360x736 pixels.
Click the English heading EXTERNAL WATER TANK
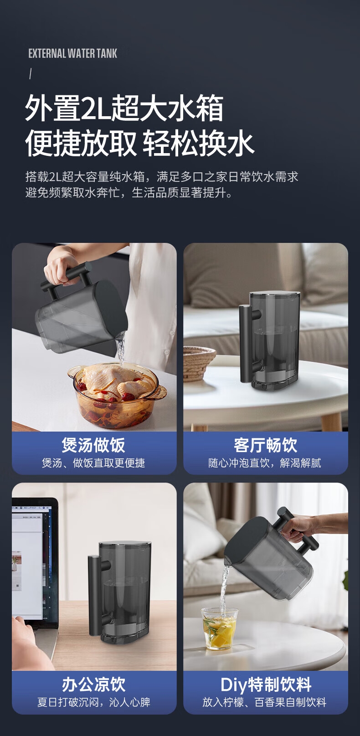[x=72, y=53]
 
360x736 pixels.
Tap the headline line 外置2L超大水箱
[x=124, y=108]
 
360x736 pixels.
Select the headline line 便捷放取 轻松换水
[x=139, y=143]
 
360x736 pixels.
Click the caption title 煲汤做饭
[x=93, y=445]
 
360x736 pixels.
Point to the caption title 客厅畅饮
[x=265, y=445]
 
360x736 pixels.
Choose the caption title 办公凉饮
[x=93, y=685]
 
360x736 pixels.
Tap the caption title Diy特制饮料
[x=266, y=685]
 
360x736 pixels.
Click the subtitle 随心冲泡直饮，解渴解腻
[x=265, y=463]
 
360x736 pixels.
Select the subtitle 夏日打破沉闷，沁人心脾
[x=93, y=702]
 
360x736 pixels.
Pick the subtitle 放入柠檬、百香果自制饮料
[x=264, y=702]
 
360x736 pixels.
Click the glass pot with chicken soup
[x=117, y=394]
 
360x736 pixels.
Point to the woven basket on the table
[x=199, y=364]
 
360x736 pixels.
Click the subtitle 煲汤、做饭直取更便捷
[x=93, y=463]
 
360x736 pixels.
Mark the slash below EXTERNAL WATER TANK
[x=31, y=74]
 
